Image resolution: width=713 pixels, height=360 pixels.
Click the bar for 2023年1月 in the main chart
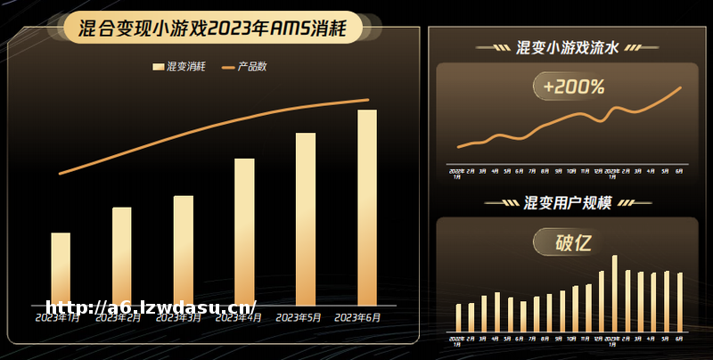(x=61, y=267)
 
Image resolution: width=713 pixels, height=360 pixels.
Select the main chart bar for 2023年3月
(x=184, y=250)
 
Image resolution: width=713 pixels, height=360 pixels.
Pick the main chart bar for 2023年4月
(x=244, y=231)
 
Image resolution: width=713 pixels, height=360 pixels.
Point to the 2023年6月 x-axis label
(x=357, y=317)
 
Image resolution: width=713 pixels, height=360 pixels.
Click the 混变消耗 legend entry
(x=179, y=67)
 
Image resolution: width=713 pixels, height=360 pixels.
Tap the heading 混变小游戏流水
(x=567, y=47)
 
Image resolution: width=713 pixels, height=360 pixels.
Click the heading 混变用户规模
(x=568, y=203)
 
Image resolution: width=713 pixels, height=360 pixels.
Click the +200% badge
(x=572, y=87)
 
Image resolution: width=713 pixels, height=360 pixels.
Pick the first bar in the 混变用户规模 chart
(x=459, y=317)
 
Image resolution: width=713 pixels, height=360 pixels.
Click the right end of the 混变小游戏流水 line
(x=681, y=87)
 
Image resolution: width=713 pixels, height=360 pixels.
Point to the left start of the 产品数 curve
(x=60, y=174)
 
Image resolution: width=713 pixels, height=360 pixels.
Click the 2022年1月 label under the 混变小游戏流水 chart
(x=456, y=173)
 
